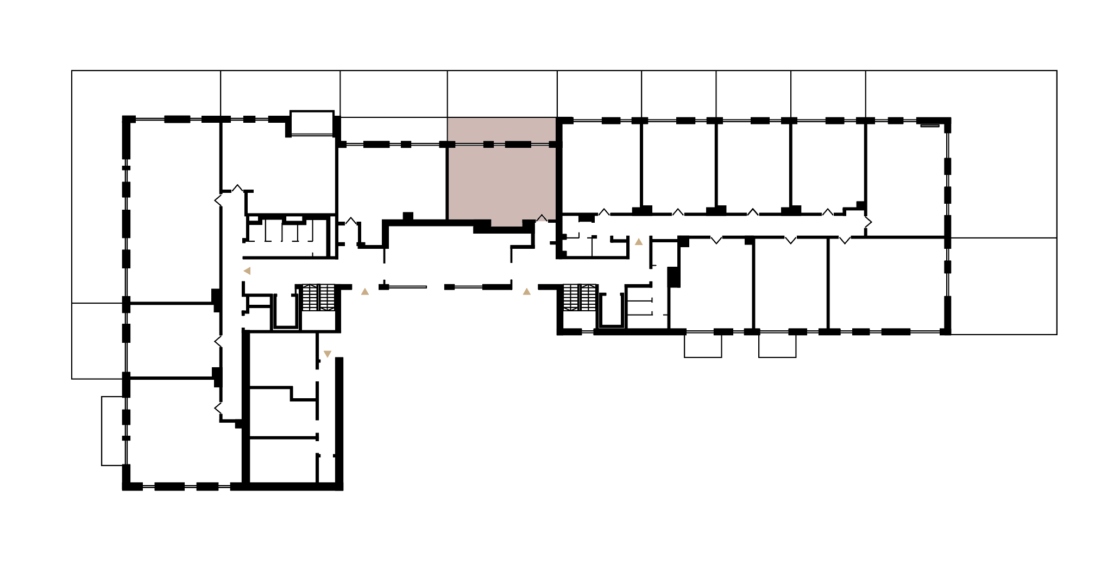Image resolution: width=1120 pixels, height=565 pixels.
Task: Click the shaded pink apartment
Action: point(501,182)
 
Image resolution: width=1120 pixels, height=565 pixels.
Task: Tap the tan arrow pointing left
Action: point(247,271)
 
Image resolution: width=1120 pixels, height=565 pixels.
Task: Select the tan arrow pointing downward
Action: point(328,354)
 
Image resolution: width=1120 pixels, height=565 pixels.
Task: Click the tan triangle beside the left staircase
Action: point(365,292)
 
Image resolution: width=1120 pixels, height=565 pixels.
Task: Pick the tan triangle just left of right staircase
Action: point(527,292)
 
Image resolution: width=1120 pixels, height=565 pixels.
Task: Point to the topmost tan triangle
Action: point(639,242)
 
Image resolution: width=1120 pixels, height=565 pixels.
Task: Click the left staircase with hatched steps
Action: point(318,297)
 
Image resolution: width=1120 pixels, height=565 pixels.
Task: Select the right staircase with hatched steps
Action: point(580,297)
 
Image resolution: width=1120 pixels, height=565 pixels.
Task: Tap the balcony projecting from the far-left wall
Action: point(114,431)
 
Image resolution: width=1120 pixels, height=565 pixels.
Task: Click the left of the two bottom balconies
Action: point(703,346)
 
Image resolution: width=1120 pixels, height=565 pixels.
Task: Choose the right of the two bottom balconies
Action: point(777,346)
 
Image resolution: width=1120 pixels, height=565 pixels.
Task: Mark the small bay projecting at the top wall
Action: point(312,123)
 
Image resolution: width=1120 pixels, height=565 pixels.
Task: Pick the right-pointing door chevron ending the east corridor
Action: point(868,222)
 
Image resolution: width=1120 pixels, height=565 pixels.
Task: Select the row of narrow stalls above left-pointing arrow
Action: point(288,231)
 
